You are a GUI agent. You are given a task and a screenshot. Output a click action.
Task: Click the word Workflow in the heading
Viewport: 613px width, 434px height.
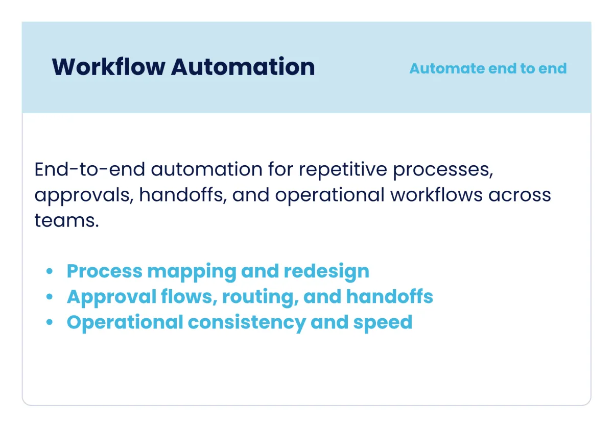[x=109, y=67]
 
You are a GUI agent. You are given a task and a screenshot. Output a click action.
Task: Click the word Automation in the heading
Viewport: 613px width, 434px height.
[x=243, y=67]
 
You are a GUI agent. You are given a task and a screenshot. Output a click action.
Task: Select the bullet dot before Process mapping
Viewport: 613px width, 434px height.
[x=50, y=271]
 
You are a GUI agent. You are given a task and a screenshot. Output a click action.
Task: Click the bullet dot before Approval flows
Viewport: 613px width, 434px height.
[x=50, y=297]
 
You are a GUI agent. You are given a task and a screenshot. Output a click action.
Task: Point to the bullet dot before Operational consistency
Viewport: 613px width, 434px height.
[x=50, y=322]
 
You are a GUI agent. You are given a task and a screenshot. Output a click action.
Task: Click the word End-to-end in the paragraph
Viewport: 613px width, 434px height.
[x=89, y=169]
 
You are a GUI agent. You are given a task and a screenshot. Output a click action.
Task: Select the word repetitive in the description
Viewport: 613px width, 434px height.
[x=343, y=170]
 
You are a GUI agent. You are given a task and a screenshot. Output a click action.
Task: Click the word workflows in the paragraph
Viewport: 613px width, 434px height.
[x=436, y=195]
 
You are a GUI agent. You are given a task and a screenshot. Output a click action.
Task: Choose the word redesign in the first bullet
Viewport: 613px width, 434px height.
[x=326, y=272]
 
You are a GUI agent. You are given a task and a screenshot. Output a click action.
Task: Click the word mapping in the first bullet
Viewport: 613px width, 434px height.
[x=192, y=272]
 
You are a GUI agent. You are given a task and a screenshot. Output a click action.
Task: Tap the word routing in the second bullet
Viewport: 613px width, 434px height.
[x=260, y=297]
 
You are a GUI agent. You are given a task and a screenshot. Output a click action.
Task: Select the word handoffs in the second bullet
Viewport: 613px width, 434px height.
[x=390, y=296]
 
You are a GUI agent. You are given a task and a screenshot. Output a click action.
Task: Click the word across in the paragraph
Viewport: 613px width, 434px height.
[x=520, y=195]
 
